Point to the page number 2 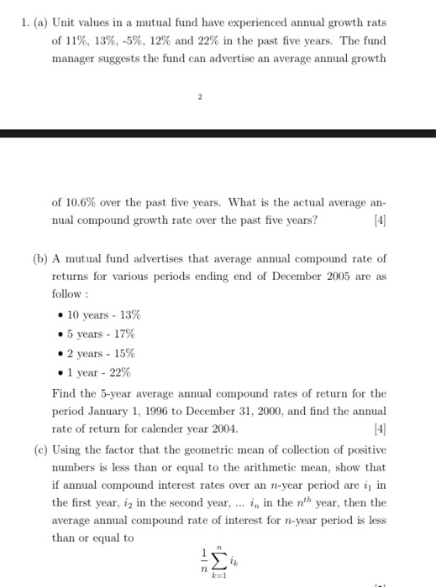(x=201, y=97)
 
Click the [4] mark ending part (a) (x=379, y=220)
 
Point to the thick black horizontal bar (x=218, y=132)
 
